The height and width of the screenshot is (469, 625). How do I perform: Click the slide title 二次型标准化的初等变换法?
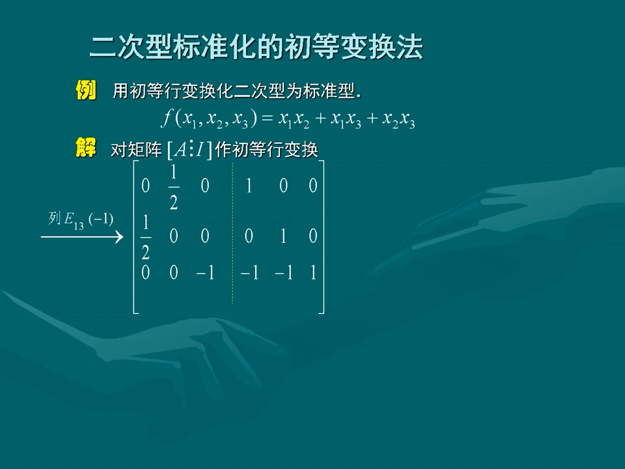tap(256, 48)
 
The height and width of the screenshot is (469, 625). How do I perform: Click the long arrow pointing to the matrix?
tap(82, 237)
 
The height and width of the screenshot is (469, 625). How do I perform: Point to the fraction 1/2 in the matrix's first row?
tap(174, 187)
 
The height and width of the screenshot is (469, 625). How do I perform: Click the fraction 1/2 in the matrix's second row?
tap(145, 237)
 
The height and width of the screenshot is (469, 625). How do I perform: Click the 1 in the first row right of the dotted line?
tap(249, 186)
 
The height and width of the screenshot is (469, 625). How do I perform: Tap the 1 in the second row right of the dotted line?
tap(283, 236)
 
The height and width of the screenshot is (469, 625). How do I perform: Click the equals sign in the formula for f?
tap(266, 119)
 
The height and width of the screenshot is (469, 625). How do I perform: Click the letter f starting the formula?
tap(167, 119)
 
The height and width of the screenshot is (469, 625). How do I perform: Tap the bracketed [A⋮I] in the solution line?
tap(189, 150)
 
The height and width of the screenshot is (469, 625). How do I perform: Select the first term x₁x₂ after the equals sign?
tap(294, 120)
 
